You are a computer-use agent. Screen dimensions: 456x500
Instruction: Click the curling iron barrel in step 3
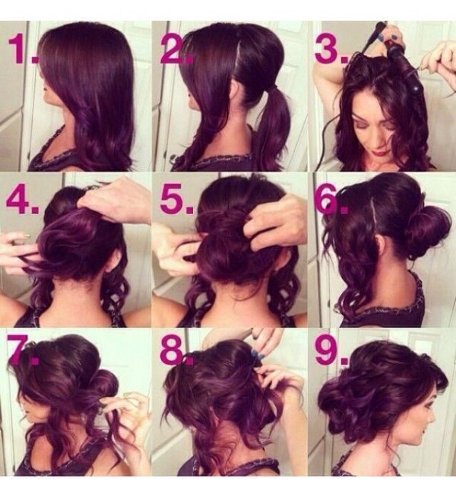pyautogui.click(x=404, y=67)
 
